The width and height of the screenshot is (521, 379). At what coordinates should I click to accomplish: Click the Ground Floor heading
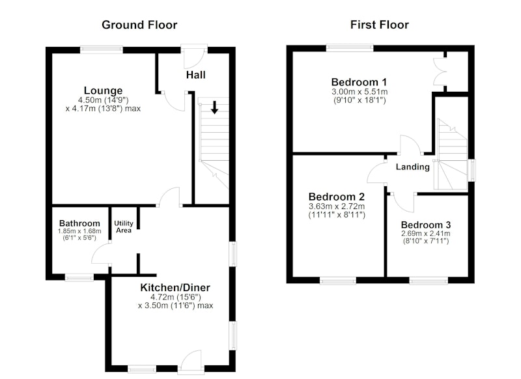[139, 25]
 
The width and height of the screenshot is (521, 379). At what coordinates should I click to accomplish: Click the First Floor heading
[380, 25]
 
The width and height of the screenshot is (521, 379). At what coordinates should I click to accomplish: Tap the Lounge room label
[103, 91]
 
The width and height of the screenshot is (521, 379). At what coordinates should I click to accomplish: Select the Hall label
[196, 75]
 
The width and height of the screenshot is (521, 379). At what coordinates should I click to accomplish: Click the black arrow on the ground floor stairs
[215, 107]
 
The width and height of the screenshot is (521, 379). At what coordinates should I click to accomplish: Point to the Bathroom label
[79, 223]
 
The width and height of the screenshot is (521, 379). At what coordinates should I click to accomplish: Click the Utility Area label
[124, 227]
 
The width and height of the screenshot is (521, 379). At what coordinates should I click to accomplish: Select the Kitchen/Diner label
[175, 287]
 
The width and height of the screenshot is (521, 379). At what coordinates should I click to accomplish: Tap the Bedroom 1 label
[359, 82]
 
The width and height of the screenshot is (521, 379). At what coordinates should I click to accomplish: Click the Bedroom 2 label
[337, 197]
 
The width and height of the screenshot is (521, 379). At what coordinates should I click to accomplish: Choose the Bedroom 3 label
[426, 225]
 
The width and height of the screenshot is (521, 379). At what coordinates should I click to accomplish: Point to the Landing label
[413, 167]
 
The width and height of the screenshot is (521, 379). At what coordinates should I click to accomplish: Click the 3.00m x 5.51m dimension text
[359, 92]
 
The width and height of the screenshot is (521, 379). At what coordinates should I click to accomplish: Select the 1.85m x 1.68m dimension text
[79, 231]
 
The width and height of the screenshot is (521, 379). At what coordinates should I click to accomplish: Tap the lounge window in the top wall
[102, 49]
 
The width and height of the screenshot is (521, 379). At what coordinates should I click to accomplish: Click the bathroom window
[79, 277]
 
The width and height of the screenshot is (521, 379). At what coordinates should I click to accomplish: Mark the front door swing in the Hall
[193, 57]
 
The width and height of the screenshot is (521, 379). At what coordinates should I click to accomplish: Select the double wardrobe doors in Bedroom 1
[438, 72]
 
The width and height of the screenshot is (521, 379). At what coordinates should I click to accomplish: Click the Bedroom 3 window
[429, 281]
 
